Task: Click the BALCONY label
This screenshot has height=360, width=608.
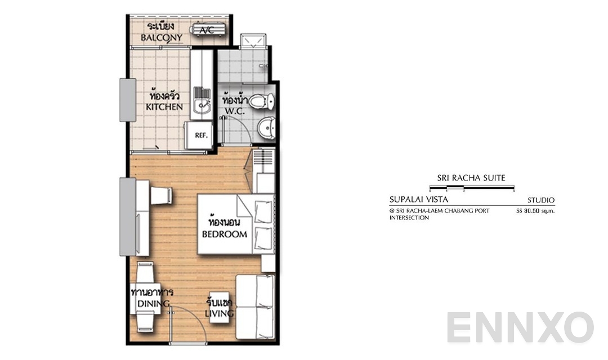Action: tap(162, 38)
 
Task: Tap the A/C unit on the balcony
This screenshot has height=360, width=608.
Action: tap(207, 29)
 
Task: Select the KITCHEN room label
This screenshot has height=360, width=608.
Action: tap(164, 106)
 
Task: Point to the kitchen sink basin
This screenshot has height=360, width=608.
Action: tap(202, 105)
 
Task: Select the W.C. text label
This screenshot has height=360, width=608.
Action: tap(235, 111)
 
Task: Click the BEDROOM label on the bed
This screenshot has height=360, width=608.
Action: tap(225, 234)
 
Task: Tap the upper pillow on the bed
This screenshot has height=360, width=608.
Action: tap(263, 212)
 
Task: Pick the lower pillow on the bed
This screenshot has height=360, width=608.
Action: tap(263, 238)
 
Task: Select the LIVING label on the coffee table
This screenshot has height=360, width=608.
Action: tap(220, 313)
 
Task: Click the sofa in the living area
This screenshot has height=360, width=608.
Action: tap(256, 307)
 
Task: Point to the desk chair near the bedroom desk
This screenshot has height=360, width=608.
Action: tap(162, 195)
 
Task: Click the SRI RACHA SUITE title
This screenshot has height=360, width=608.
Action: tap(471, 178)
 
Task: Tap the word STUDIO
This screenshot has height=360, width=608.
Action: tap(541, 200)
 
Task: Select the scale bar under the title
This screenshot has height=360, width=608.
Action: tap(472, 188)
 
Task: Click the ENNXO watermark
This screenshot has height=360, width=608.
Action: tap(520, 328)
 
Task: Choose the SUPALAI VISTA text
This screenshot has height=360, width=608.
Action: tap(419, 200)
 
